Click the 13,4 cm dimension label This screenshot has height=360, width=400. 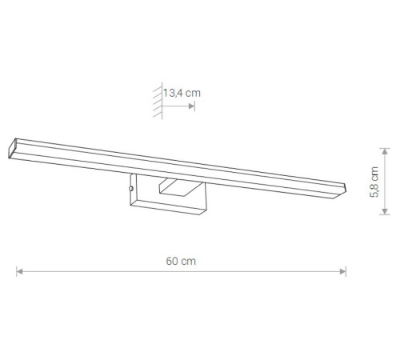pyautogui.click(x=182, y=93)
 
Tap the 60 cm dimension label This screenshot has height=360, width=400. pyautogui.click(x=181, y=261)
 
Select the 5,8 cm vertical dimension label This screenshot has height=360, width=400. pyautogui.click(x=374, y=182)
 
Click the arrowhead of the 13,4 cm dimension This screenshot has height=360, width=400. pyautogui.click(x=191, y=106)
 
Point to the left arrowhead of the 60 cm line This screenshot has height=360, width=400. pyautogui.click(x=19, y=271)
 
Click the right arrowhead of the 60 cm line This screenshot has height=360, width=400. pyautogui.click(x=343, y=271)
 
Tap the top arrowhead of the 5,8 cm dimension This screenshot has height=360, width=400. pyautogui.click(x=385, y=151)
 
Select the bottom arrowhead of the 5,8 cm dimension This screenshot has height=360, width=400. pyautogui.click(x=385, y=211)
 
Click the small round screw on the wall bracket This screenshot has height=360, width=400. pyautogui.click(x=131, y=189)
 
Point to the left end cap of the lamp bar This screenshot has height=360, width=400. pyautogui.click(x=12, y=148)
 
